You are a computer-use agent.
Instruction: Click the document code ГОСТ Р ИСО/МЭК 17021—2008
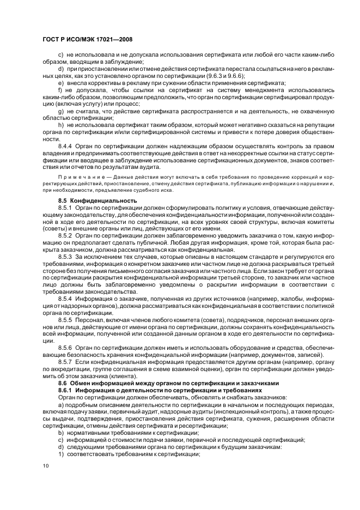pos(88,40)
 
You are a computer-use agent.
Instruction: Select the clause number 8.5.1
pos(65,208)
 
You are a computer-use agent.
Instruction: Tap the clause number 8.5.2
pos(65,236)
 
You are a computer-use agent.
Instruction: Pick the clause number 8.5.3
pos(65,256)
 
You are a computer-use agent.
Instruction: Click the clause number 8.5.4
pos(65,299)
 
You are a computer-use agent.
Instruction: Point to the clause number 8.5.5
pos(65,319)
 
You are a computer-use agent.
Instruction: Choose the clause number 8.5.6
pos(65,347)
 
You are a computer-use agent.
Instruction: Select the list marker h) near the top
pos(60,125)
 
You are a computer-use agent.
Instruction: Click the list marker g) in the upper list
pos(60,111)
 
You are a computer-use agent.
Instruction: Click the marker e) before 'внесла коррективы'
pos(60,83)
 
